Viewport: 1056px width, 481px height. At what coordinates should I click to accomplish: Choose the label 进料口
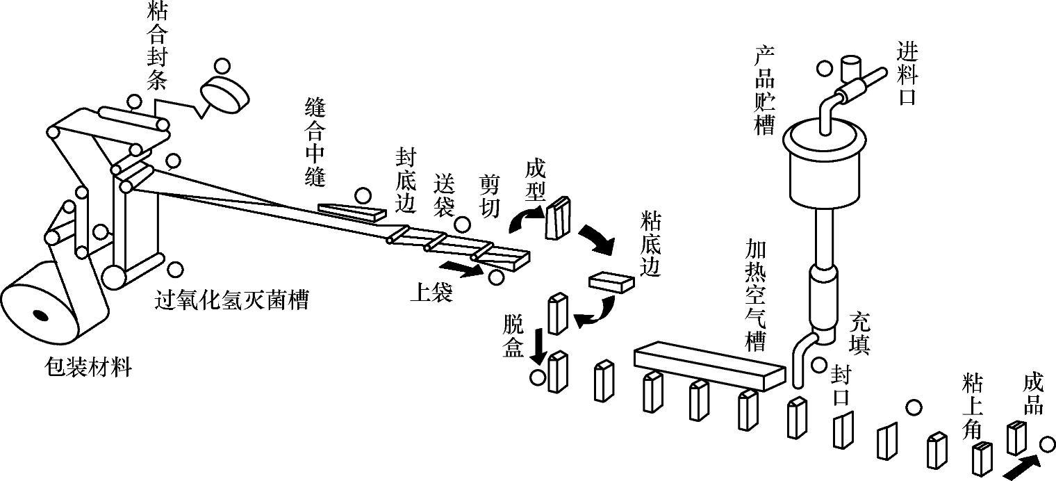point(906,73)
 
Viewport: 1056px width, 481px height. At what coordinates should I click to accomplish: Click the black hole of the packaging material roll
point(41,316)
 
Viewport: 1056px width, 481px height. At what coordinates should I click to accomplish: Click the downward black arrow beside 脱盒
point(537,346)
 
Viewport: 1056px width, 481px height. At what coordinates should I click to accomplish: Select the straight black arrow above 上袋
point(461,268)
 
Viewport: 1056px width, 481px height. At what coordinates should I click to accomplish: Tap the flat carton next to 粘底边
point(611,280)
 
